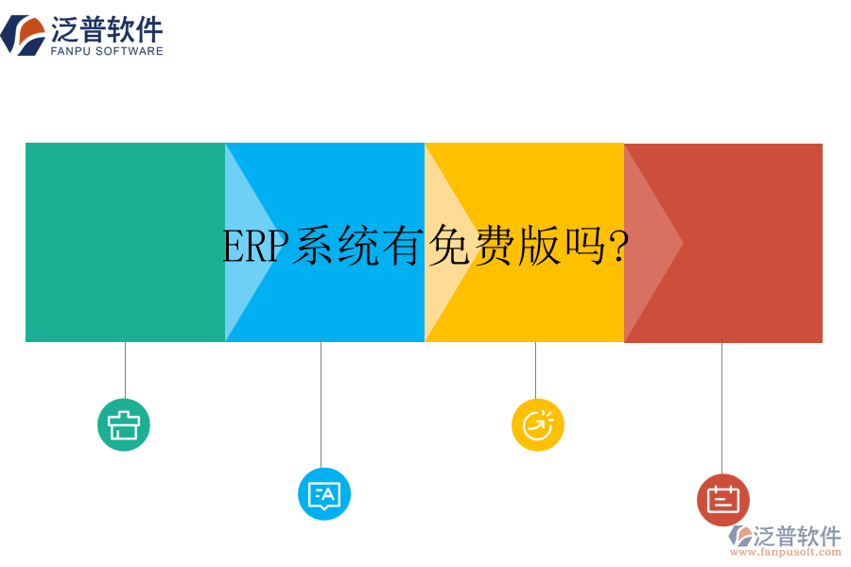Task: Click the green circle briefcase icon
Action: (124, 425)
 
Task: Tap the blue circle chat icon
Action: (324, 494)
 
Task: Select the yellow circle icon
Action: (538, 425)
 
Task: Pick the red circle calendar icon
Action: (723, 500)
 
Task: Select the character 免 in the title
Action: (448, 248)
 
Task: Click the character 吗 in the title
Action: (584, 248)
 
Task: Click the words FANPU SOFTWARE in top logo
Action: (106, 51)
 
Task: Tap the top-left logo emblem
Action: (23, 35)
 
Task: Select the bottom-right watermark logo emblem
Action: (739, 537)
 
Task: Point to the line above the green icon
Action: (125, 369)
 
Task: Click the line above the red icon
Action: (721, 407)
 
